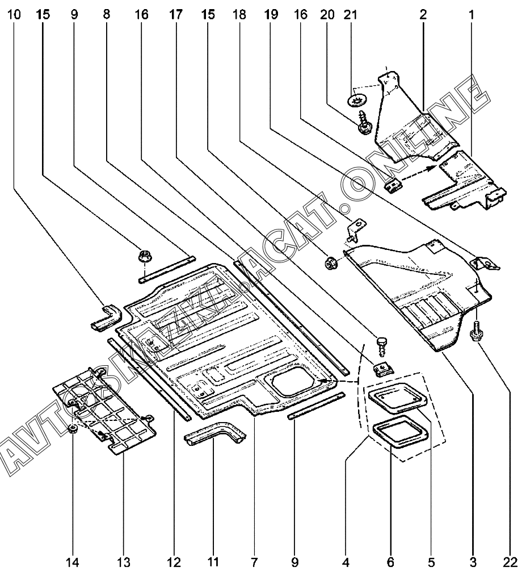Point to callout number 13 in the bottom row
[124, 562]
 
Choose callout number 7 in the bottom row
[254, 562]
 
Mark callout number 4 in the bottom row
[346, 562]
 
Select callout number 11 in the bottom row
[213, 562]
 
